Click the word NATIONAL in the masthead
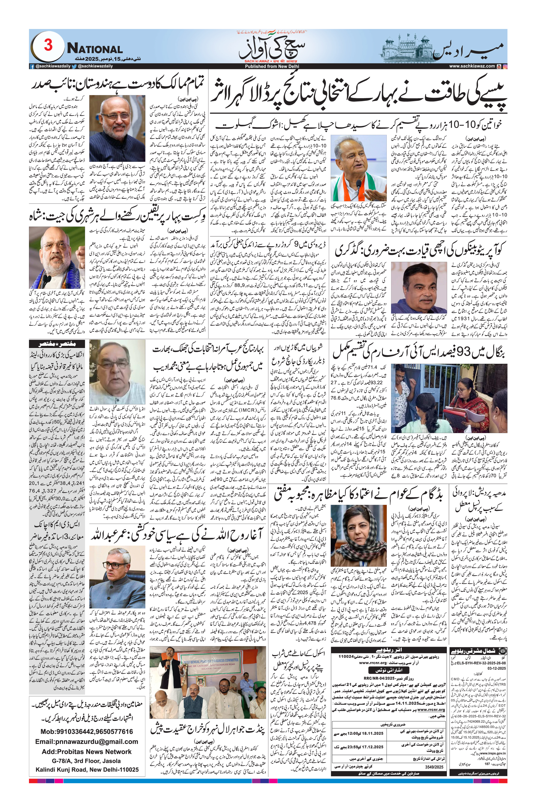(95, 49)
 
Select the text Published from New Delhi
(272, 66)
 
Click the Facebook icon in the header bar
(32, 66)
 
